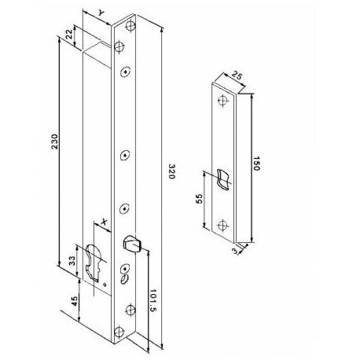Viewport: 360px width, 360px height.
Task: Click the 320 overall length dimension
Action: pyautogui.click(x=171, y=171)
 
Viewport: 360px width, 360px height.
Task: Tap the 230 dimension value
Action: pyautogui.click(x=54, y=141)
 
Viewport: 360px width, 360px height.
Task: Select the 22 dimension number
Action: pyautogui.click(x=69, y=34)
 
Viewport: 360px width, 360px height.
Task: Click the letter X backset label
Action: pyautogui.click(x=105, y=222)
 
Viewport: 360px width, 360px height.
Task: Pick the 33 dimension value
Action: pyautogui.click(x=72, y=261)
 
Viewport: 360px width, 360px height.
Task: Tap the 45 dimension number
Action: pyautogui.click(x=75, y=301)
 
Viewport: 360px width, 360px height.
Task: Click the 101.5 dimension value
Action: pyautogui.click(x=152, y=300)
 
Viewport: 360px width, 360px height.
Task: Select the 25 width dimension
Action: pyautogui.click(x=237, y=76)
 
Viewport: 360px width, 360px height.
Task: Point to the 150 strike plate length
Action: pyautogui.click(x=256, y=163)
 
